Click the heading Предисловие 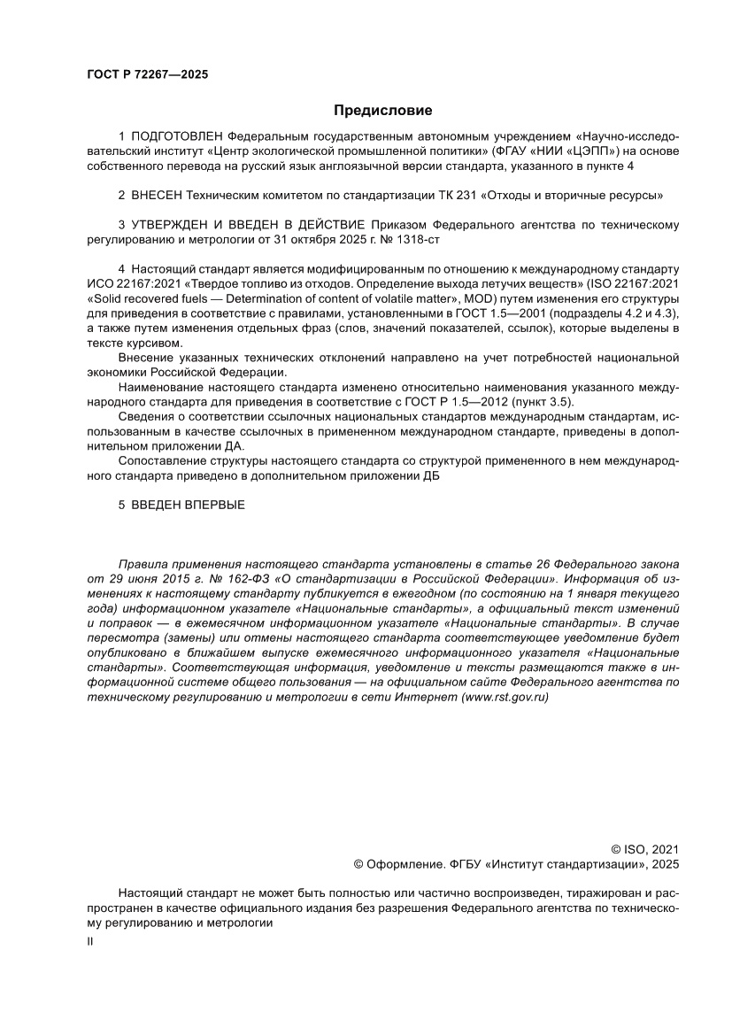382,111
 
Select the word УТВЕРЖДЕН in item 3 173,225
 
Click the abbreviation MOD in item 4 490,298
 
